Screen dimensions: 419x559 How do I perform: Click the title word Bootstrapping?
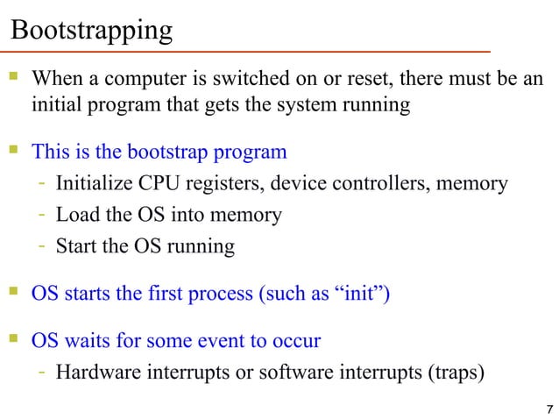coord(91,31)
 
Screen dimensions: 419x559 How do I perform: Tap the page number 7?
coord(548,410)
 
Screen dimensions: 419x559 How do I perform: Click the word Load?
coord(74,215)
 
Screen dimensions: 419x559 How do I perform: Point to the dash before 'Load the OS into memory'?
coord(42,215)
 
